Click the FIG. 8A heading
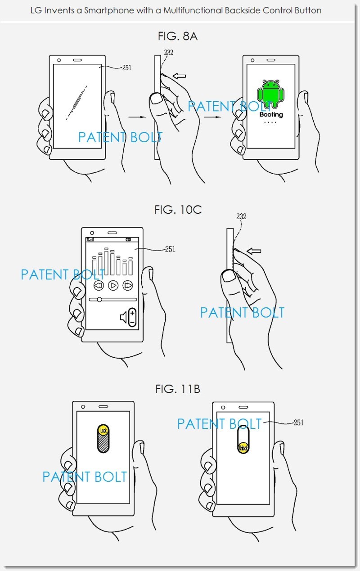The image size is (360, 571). (177, 36)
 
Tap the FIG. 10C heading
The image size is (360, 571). (178, 210)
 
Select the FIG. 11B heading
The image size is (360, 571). (178, 389)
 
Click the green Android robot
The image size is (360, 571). (270, 93)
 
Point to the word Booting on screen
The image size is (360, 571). (271, 114)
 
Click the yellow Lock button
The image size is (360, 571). (103, 430)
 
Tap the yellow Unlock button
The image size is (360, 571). (243, 448)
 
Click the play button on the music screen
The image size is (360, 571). (113, 285)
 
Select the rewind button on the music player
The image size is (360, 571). (99, 285)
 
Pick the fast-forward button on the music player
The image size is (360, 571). (128, 285)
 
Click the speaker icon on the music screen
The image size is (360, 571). (123, 318)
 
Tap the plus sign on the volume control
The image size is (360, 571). (132, 313)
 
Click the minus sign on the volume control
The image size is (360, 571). (132, 323)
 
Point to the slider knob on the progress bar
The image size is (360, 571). (99, 299)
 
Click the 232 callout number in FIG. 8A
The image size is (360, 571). (169, 52)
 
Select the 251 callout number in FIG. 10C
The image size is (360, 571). (170, 249)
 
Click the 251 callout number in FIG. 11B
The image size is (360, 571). (298, 423)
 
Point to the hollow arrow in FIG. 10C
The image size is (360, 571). (254, 251)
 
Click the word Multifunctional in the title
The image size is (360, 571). (193, 10)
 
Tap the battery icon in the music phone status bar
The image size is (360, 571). (129, 240)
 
